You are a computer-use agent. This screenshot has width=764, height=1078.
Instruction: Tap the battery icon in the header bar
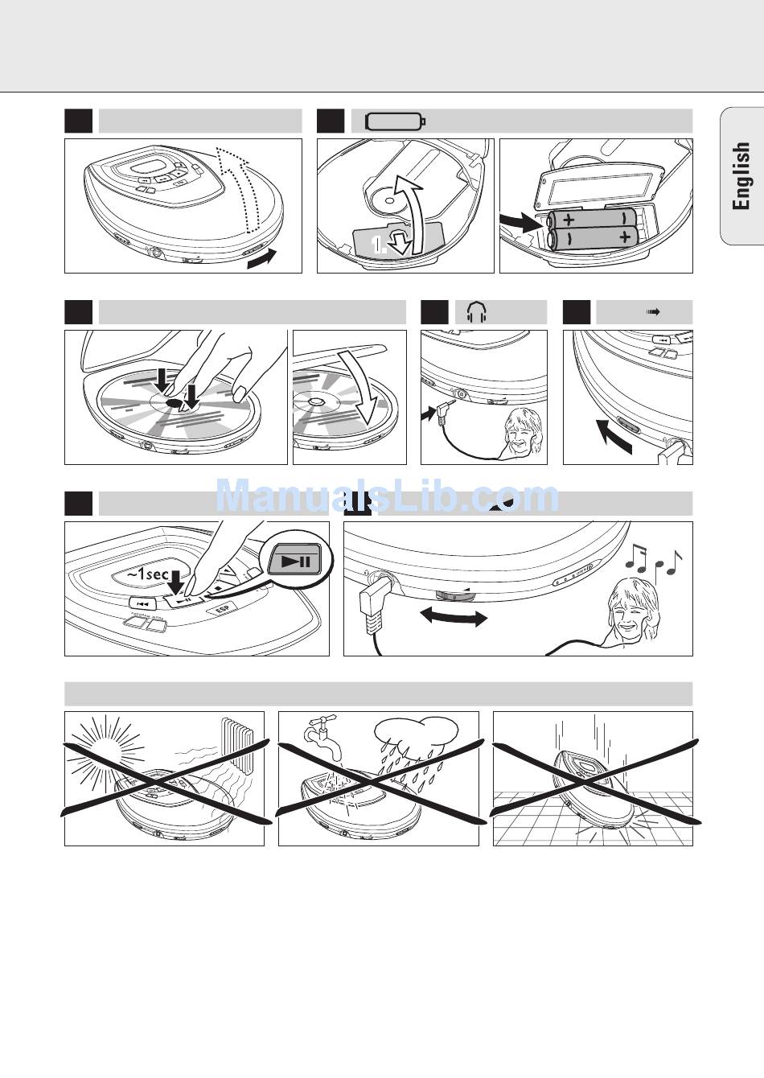[x=395, y=121]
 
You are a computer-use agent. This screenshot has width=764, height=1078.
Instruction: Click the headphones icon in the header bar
[x=477, y=312]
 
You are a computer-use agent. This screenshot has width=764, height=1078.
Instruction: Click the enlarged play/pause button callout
[x=294, y=560]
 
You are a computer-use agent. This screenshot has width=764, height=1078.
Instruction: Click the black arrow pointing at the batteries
[x=520, y=222]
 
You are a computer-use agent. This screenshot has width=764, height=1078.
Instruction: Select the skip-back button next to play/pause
[x=142, y=603]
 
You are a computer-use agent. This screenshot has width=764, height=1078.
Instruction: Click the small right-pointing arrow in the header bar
[x=653, y=312]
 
